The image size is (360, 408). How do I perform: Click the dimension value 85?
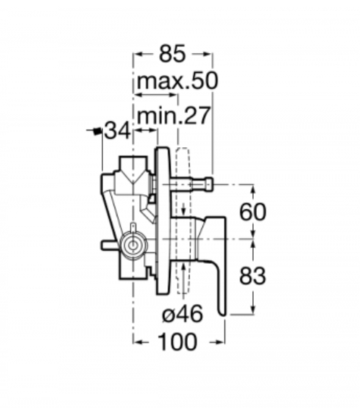click(x=173, y=54)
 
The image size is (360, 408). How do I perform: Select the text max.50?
click(x=177, y=81)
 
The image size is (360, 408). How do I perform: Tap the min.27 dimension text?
click(x=174, y=115)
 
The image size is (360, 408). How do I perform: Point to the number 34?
click(x=117, y=130)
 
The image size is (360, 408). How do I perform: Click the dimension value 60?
click(x=253, y=212)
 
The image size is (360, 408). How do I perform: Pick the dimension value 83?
click(x=252, y=275)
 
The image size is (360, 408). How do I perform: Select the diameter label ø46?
click(x=183, y=313)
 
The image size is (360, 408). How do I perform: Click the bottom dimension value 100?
click(x=177, y=342)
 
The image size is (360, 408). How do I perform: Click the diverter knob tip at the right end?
click(x=208, y=184)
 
